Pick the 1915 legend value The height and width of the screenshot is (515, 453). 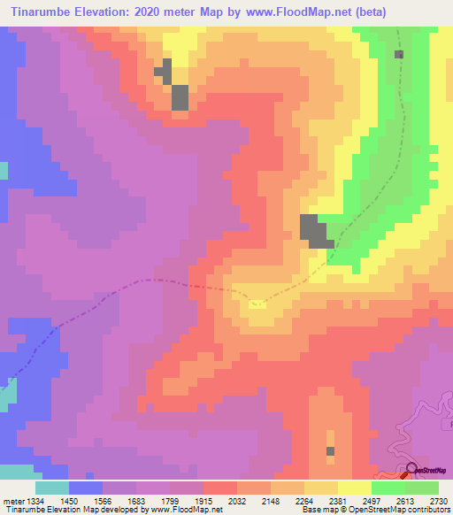[x=203, y=500]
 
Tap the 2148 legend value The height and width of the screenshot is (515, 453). [x=271, y=500]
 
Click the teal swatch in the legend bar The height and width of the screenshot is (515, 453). [x=52, y=488]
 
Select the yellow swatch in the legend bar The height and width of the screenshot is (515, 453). [x=354, y=488]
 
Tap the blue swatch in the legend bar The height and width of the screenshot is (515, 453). [x=86, y=488]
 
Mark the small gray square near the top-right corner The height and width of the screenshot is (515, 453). [x=399, y=54]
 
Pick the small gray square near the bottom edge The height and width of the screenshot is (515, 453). [x=330, y=451]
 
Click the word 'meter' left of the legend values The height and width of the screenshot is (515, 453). [x=12, y=500]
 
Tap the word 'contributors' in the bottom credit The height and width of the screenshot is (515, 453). [x=427, y=511]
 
